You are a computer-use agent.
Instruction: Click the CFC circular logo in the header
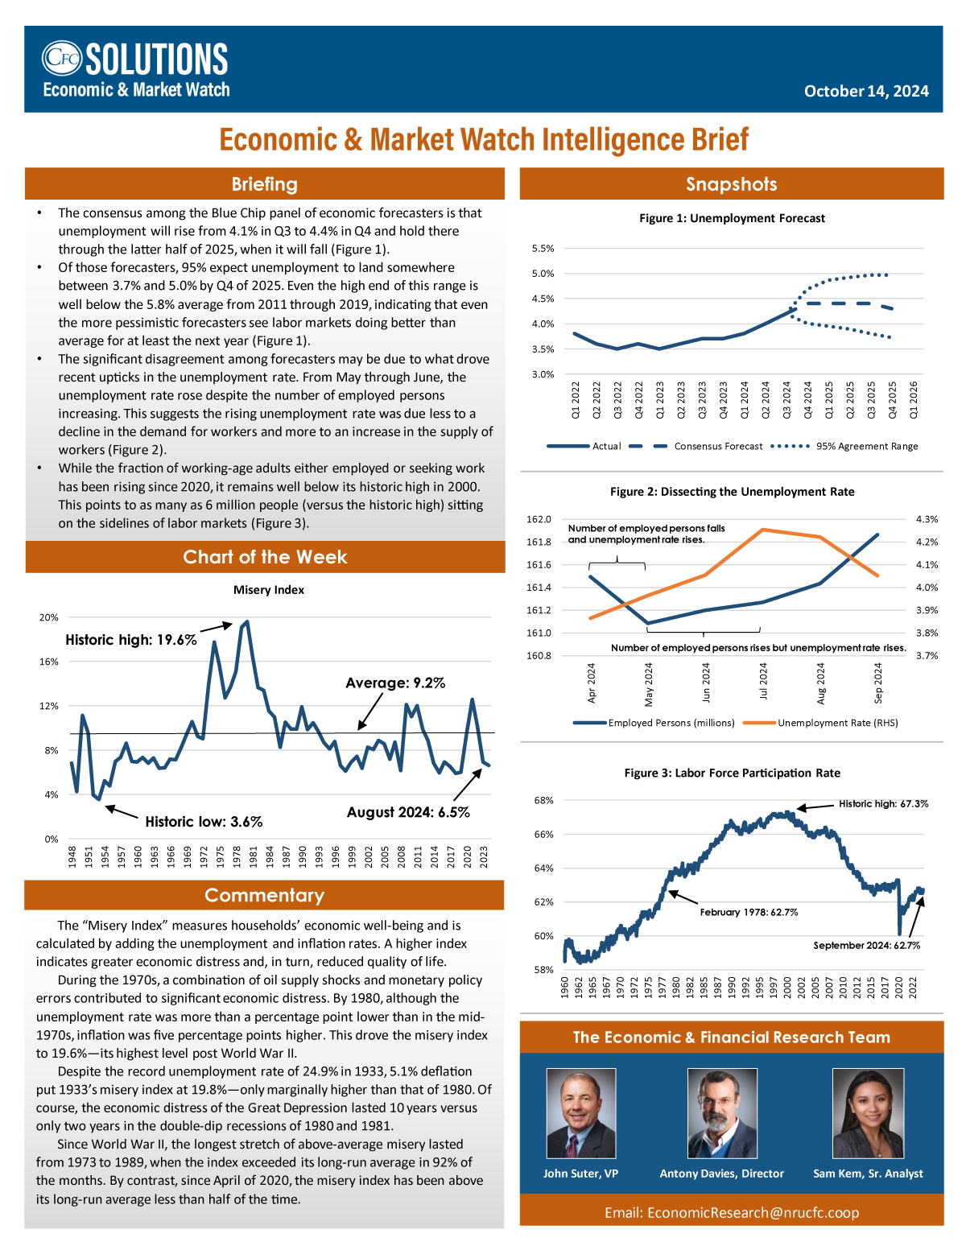[x=61, y=58]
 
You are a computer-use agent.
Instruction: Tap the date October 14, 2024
[x=865, y=91]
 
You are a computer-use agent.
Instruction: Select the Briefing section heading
[x=264, y=184]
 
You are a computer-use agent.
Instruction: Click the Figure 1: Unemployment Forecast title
[x=731, y=218]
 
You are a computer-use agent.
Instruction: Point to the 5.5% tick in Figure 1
[x=543, y=249]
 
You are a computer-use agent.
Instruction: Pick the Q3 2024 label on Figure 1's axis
[x=786, y=400]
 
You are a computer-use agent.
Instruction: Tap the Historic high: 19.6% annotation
[x=130, y=640]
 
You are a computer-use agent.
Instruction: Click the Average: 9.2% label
[x=394, y=683]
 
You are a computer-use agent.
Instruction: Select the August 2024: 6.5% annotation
[x=408, y=812]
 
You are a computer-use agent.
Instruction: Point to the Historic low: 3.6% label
[x=204, y=822]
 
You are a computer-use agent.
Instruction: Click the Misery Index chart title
[x=269, y=590]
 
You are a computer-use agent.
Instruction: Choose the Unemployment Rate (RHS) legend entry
[x=820, y=723]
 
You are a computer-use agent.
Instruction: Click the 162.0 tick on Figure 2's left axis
[x=539, y=519]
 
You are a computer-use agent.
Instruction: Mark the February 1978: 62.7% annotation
[x=749, y=912]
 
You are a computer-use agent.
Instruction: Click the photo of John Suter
[x=580, y=1113]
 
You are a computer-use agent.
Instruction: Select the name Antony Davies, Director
[x=721, y=1174]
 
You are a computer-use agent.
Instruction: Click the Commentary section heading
[x=264, y=895]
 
